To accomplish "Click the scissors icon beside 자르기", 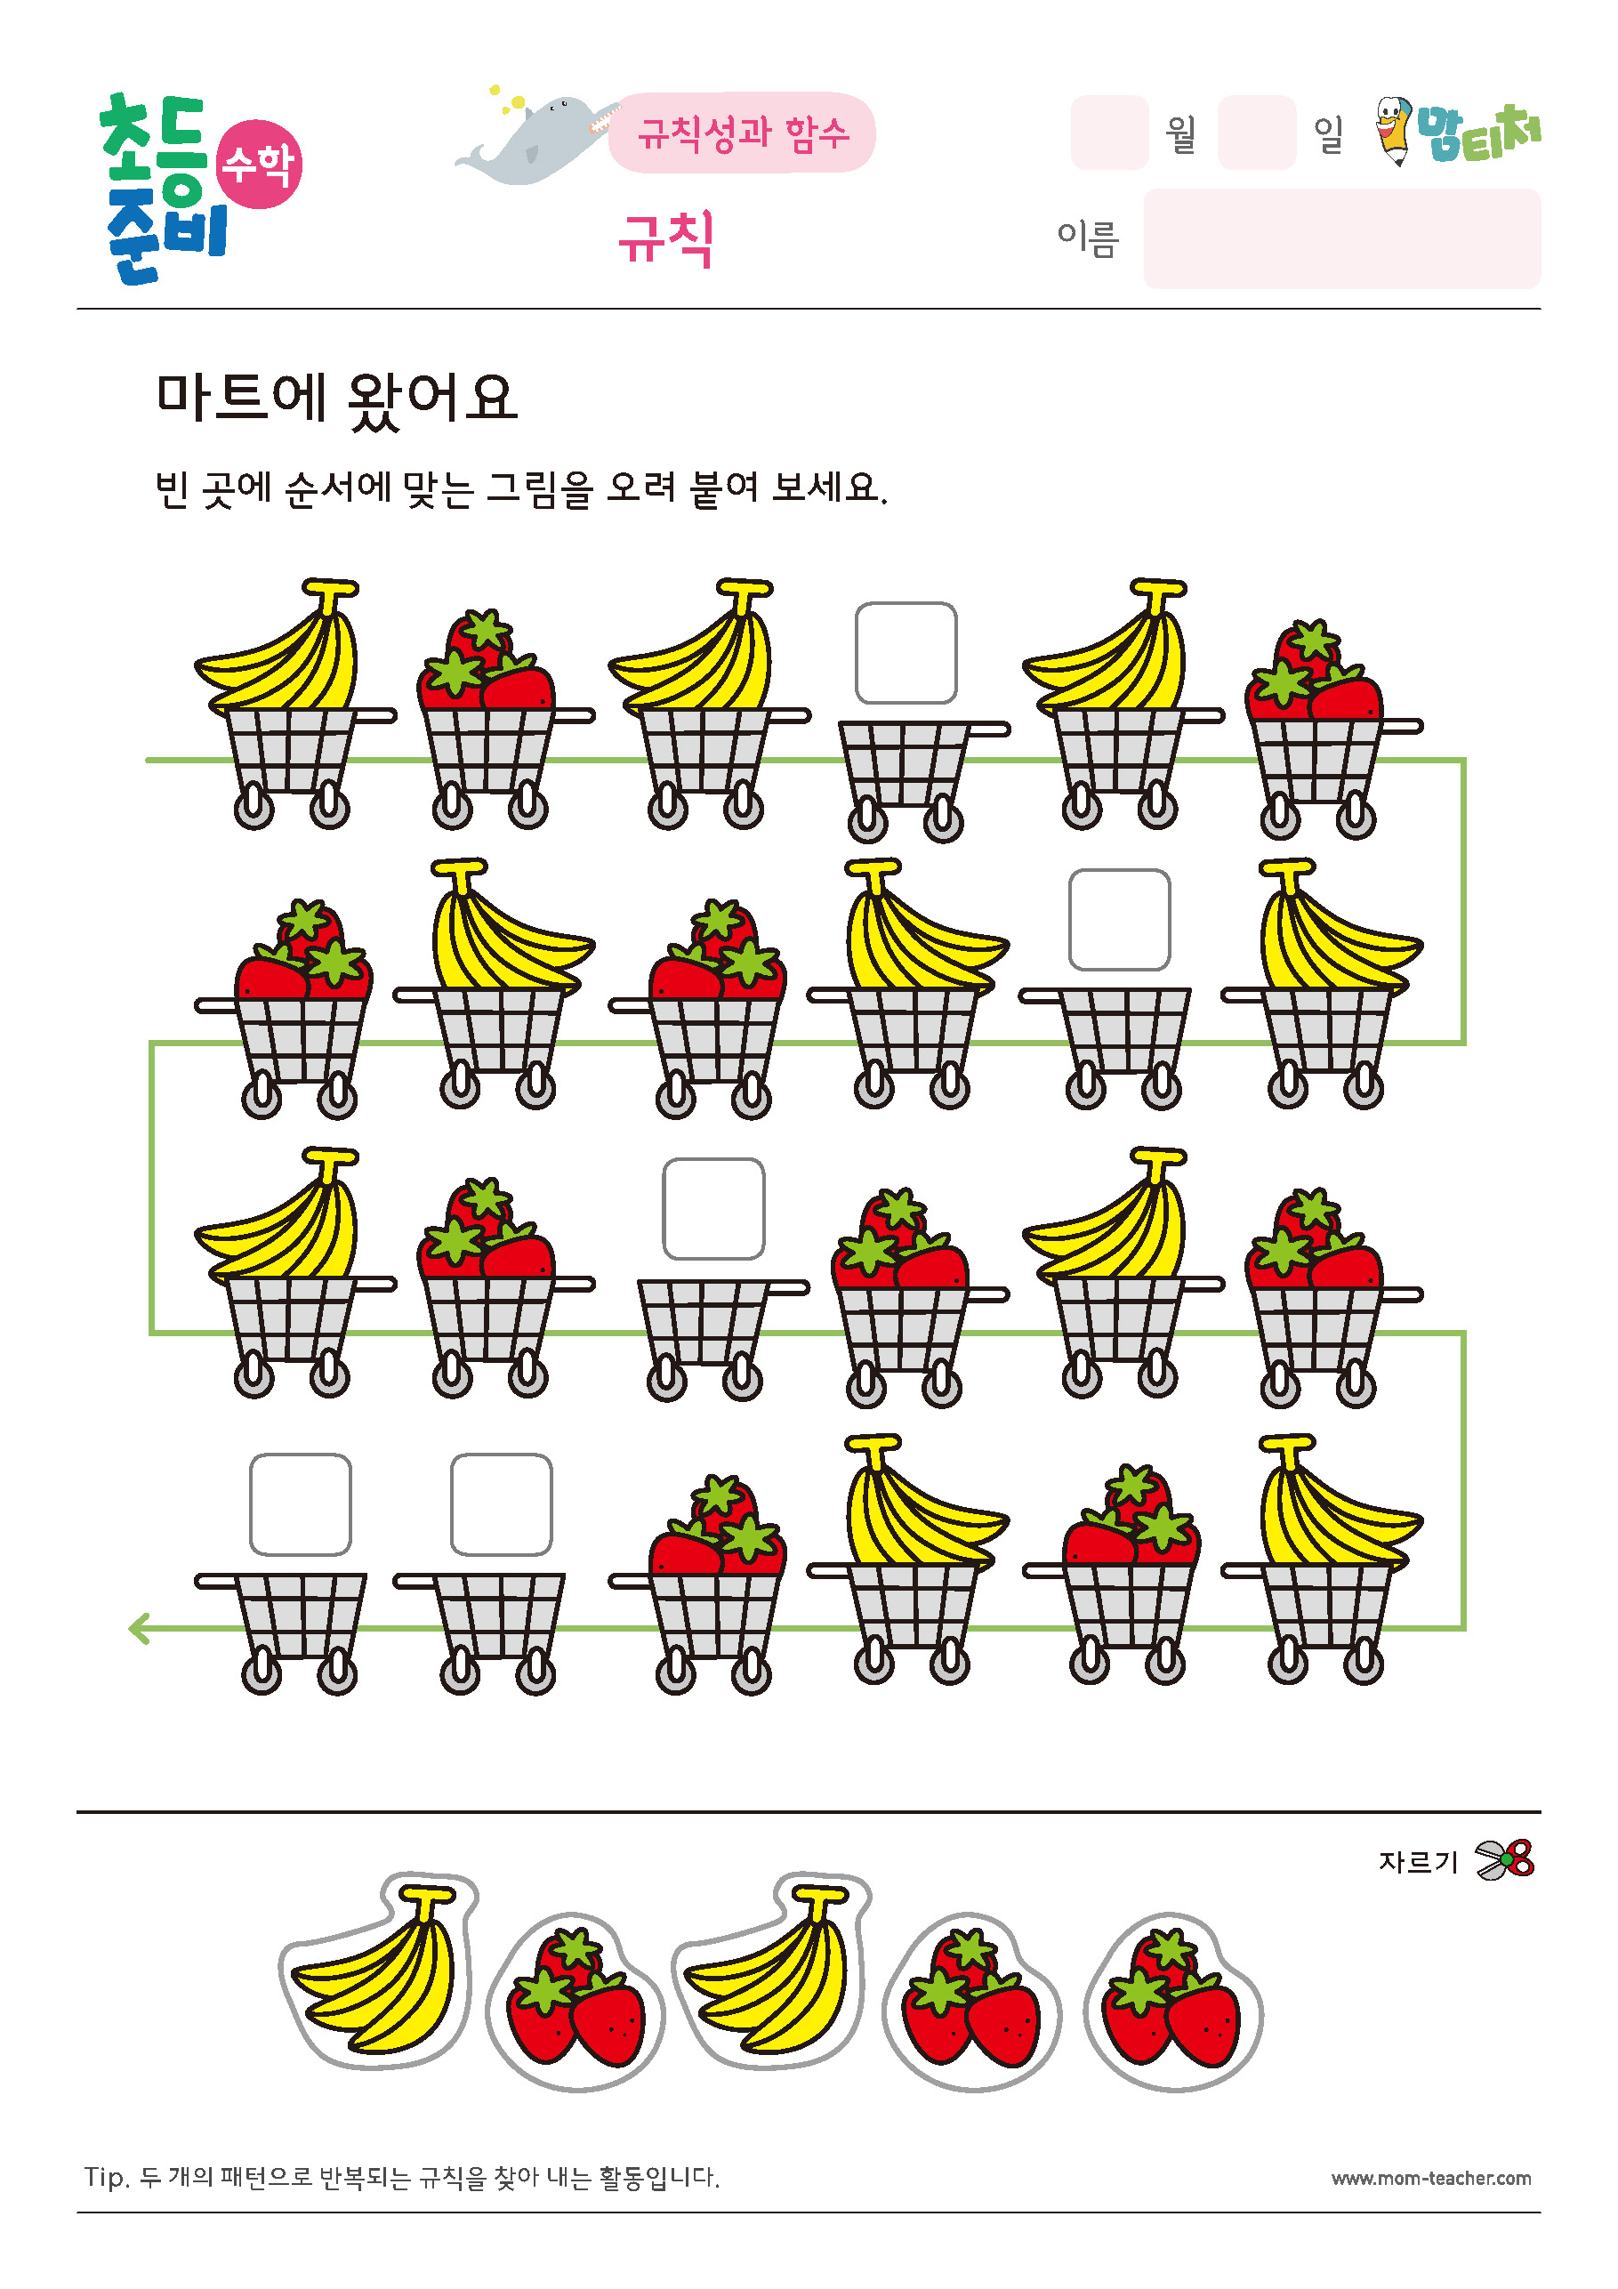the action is point(1504,1860).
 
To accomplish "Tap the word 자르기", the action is point(1418,1861).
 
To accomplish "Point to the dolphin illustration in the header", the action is point(534,138).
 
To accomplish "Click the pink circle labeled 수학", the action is point(259,164).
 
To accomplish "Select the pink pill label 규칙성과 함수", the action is point(743,133).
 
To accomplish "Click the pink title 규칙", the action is point(666,238).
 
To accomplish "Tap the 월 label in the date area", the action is point(1181,133).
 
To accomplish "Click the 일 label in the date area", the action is point(1329,133).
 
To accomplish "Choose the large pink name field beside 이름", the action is point(1342,238).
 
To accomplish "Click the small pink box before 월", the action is point(1109,133).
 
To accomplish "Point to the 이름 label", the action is point(1088,239).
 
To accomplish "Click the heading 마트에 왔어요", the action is point(337,399).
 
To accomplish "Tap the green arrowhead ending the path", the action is point(139,1628).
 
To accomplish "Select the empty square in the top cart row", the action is point(906,653).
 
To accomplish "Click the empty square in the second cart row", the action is point(1120,919).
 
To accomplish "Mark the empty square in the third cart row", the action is point(713,1208).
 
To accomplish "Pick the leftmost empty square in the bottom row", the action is point(300,1503).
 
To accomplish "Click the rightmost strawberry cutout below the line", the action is point(1173,2002).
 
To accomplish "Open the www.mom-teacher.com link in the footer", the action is point(1430,2179).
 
